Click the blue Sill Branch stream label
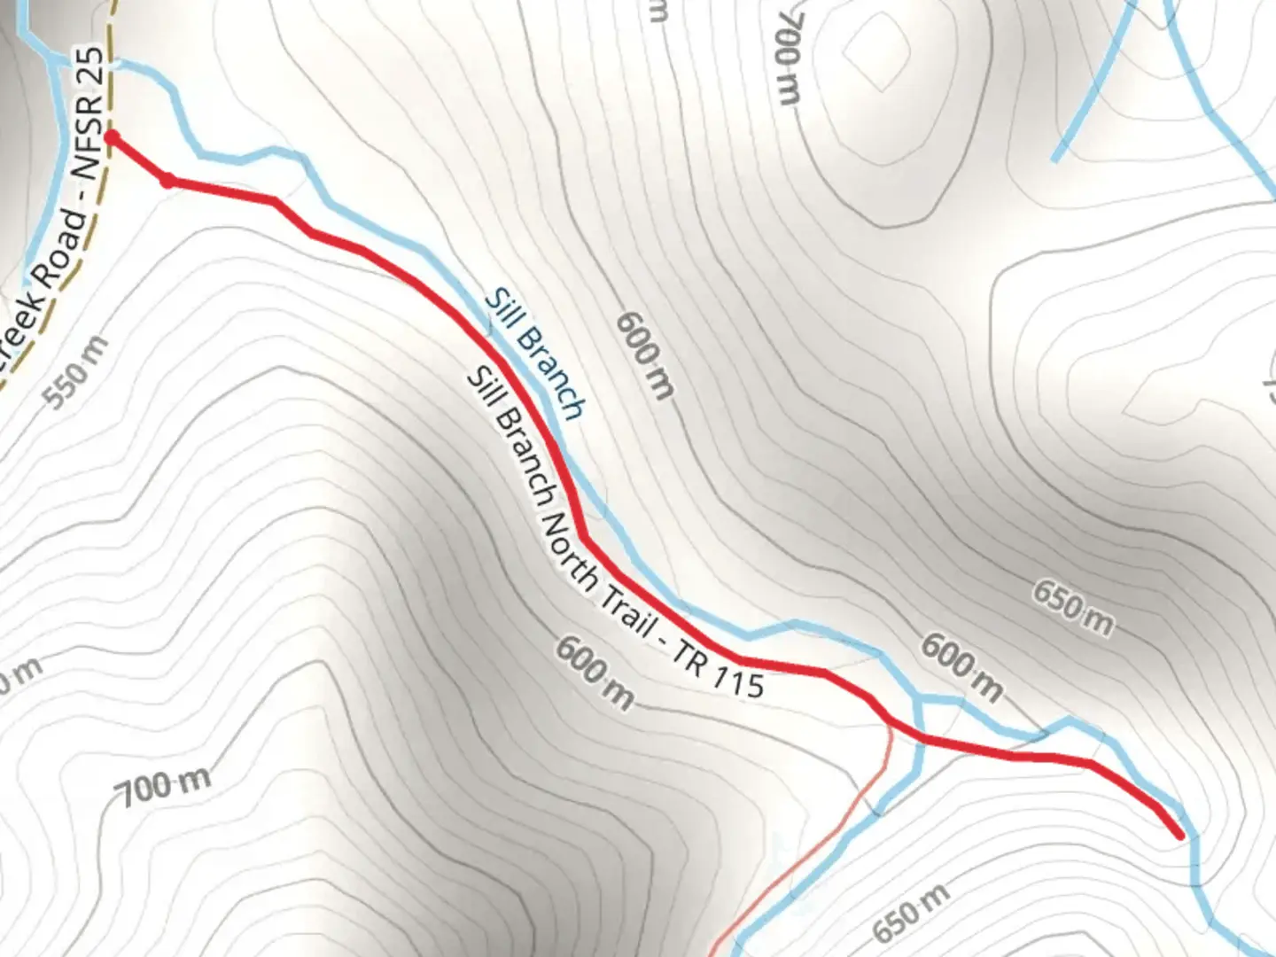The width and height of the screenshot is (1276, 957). coord(535,354)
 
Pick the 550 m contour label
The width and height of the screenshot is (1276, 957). coord(77,373)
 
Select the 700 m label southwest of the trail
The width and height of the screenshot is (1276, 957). coord(166,786)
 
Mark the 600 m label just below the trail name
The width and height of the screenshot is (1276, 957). coord(595,672)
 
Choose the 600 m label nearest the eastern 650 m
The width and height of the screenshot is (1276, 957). coord(961,666)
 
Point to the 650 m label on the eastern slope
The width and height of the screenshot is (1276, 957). coord(1072,607)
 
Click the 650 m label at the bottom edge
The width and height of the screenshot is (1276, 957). coord(911,913)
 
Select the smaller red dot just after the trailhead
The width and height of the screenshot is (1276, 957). coord(167,181)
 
